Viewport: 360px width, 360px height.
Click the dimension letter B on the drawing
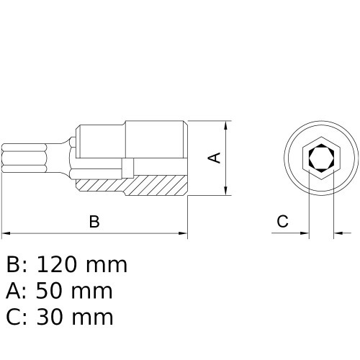pyautogui.click(x=94, y=222)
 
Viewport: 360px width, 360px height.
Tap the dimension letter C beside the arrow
pyautogui.click(x=282, y=222)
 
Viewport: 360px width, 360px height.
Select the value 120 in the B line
pyautogui.click(x=60, y=265)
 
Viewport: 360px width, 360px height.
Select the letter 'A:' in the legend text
pyautogui.click(x=16, y=291)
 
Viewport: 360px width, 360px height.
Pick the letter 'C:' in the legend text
pyautogui.click(x=16, y=316)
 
